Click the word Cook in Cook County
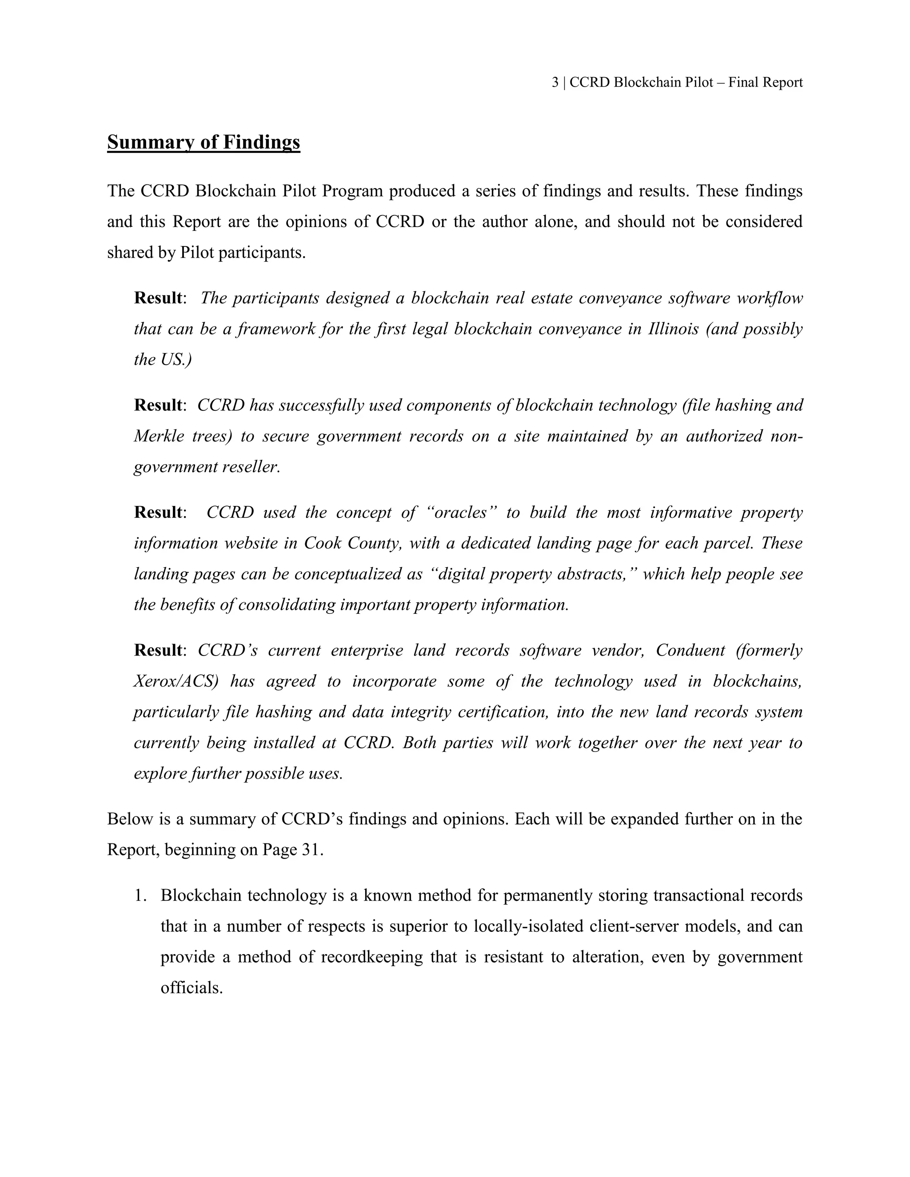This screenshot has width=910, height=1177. [322, 543]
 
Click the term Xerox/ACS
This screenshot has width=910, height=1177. [176, 682]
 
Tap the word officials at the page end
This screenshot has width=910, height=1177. [192, 988]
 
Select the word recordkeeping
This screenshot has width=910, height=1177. [371, 957]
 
